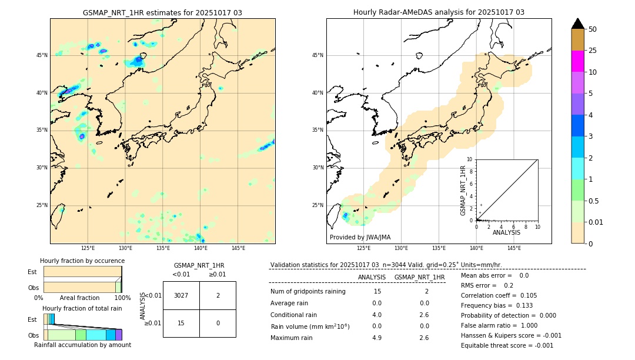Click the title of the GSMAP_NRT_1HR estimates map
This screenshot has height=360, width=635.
click(162, 12)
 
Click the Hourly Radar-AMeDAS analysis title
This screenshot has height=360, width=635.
click(439, 12)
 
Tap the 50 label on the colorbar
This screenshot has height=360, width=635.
click(593, 29)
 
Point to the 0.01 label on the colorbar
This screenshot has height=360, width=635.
click(596, 222)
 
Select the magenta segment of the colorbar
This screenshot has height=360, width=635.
click(578, 61)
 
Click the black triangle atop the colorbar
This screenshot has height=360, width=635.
click(578, 24)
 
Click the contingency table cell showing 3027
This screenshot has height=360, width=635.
click(181, 295)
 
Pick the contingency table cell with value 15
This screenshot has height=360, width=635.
click(181, 323)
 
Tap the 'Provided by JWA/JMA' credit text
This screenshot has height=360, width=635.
click(360, 238)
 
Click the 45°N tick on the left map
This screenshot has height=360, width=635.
click(42, 55)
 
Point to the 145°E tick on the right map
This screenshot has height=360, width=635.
click(514, 248)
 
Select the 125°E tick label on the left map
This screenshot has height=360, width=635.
click(88, 248)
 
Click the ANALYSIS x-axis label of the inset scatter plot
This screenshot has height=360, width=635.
click(506, 232)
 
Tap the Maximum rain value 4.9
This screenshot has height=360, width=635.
click(377, 338)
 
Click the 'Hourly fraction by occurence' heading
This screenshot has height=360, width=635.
click(82, 261)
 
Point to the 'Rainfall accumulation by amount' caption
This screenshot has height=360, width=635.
click(82, 345)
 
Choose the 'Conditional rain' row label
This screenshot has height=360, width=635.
click(293, 315)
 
